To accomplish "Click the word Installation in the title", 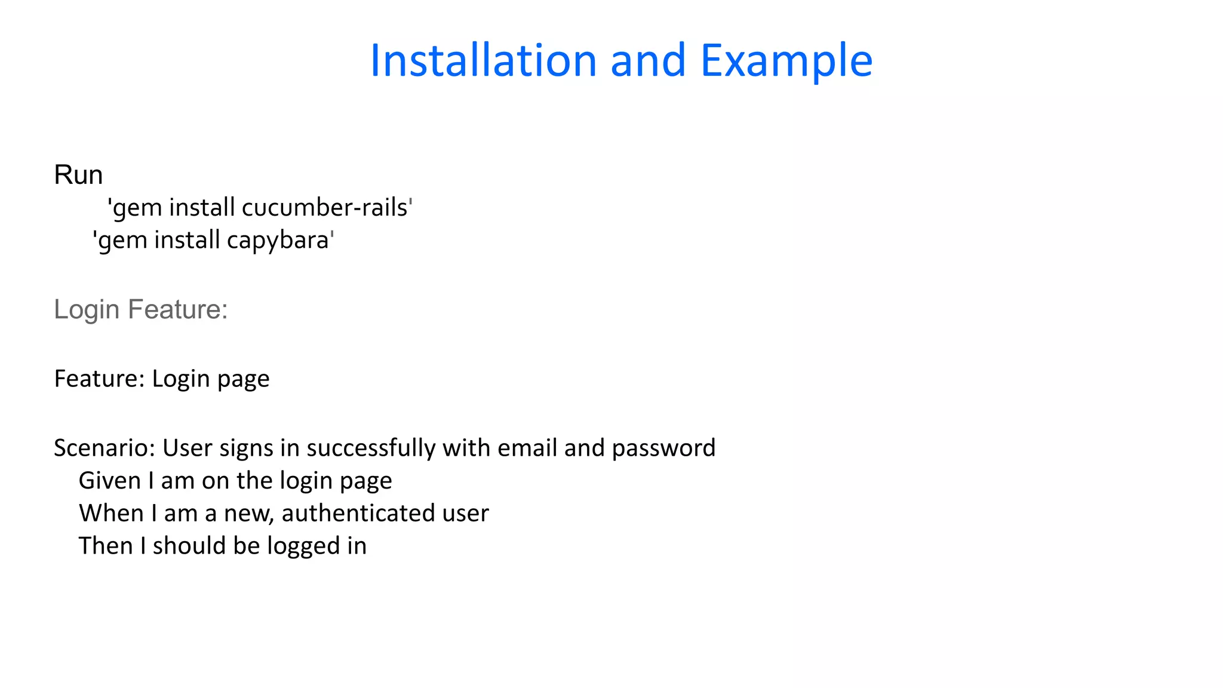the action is (483, 61).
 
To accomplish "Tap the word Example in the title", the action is (786, 61).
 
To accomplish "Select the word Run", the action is (78, 175).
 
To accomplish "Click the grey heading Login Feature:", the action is (141, 309).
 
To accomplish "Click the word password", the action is (663, 448).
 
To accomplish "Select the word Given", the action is (110, 481).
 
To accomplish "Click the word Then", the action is (106, 546).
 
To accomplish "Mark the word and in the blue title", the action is (648, 61).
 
